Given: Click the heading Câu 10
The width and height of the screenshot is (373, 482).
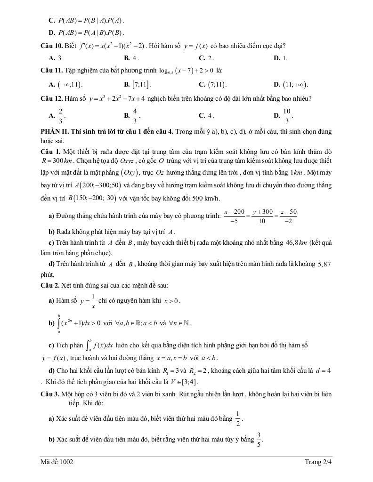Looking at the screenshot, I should (x=50, y=46).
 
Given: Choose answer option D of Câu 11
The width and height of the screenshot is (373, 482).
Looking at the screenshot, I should (x=291, y=85).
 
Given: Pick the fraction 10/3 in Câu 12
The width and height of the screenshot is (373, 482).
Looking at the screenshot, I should (x=289, y=115).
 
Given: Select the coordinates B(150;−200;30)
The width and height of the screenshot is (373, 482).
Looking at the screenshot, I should (x=92, y=198).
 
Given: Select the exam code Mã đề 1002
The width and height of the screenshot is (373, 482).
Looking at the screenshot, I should (x=57, y=462).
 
